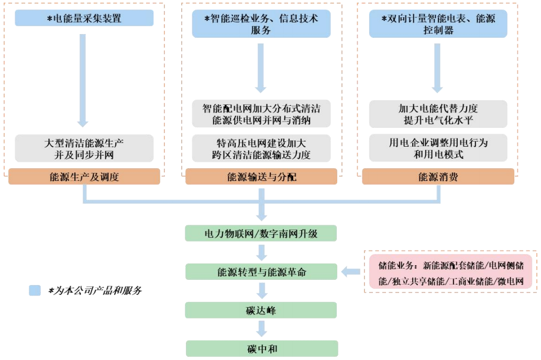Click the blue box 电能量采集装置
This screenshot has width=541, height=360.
(x=84, y=18)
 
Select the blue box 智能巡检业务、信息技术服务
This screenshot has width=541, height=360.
(x=261, y=25)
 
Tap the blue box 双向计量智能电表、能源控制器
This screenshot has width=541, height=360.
(x=438, y=25)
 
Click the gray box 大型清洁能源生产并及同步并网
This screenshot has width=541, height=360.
(x=84, y=148)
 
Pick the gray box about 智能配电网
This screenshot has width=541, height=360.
(x=261, y=114)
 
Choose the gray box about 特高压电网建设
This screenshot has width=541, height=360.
(x=261, y=148)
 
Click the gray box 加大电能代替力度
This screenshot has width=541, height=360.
(x=438, y=114)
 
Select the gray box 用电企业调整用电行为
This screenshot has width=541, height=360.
(x=438, y=148)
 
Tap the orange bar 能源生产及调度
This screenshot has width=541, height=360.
(x=84, y=177)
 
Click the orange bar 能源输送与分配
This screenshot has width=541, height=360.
(x=261, y=177)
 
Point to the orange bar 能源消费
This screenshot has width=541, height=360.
(x=438, y=177)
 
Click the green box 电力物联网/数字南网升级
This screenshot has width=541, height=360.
(x=261, y=233)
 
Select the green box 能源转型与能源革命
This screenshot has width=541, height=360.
(x=261, y=272)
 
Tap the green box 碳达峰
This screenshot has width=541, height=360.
(x=261, y=311)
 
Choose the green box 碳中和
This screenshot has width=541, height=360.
(x=261, y=348)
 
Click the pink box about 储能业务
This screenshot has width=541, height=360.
(x=450, y=271)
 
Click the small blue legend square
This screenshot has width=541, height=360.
(x=35, y=290)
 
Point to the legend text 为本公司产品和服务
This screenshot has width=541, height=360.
(x=95, y=290)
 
